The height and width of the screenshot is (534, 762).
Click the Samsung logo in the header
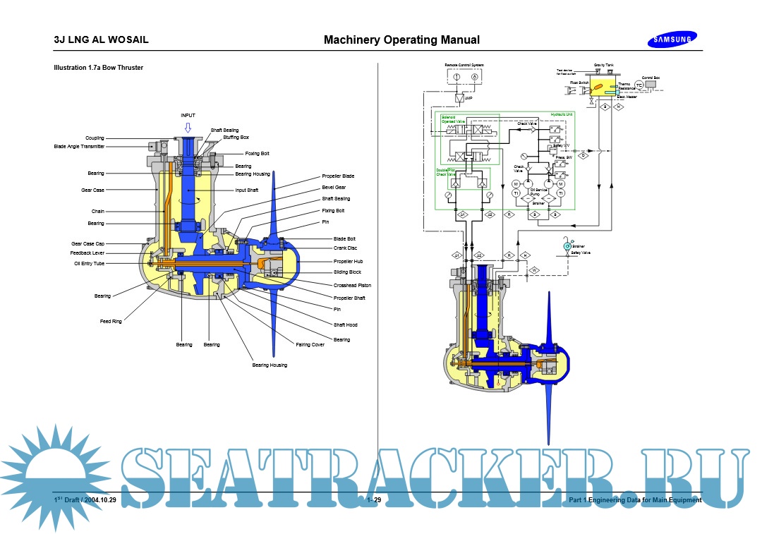tap(670, 40)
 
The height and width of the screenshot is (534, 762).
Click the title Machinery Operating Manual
tap(401, 40)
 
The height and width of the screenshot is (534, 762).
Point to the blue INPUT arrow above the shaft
tap(188, 128)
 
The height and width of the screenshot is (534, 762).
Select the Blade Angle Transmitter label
tap(79, 147)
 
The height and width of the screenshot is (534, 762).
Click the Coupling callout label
tap(95, 138)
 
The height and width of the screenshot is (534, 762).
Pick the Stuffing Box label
tap(236, 137)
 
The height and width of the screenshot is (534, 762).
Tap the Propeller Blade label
tap(338, 176)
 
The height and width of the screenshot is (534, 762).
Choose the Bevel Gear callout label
tap(334, 188)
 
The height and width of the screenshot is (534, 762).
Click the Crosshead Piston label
tap(352, 286)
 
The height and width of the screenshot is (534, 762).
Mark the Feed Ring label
tap(111, 322)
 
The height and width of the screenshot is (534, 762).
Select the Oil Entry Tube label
tap(89, 263)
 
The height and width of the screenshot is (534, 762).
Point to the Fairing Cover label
tap(310, 345)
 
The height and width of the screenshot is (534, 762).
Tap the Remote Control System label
tap(464, 65)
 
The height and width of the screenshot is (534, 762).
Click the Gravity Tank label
tap(603, 65)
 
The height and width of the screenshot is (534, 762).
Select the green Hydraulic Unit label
tap(562, 114)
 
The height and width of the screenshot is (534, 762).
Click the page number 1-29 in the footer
tap(374, 500)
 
